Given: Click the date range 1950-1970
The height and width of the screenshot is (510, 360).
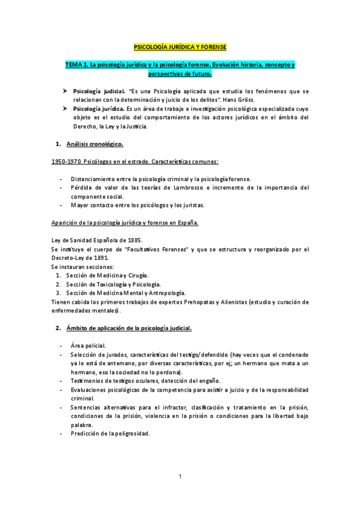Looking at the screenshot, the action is (64, 162).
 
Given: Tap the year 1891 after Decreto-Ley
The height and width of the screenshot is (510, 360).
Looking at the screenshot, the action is (98, 258).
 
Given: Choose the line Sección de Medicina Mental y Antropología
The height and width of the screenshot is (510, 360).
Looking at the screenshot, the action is (121, 293).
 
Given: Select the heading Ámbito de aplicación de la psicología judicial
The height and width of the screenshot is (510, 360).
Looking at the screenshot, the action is (129, 328).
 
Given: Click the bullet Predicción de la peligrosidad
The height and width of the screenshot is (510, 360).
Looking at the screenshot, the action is (110, 433).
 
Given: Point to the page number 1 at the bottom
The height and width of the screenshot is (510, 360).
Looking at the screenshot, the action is (180, 478).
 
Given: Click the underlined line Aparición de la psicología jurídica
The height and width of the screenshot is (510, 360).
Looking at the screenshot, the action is (125, 223).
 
